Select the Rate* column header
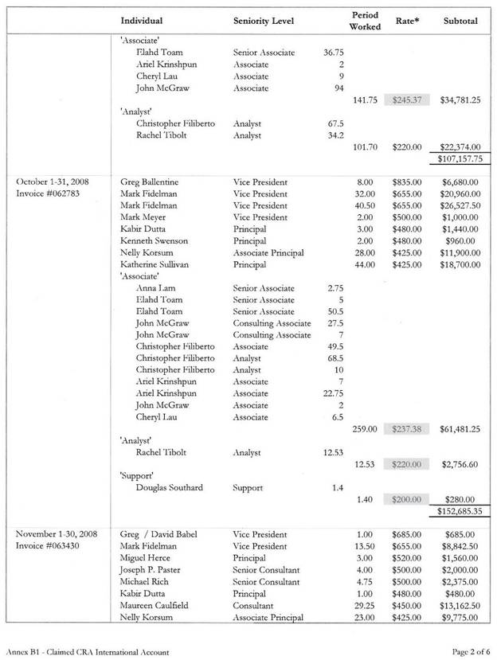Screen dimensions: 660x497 tap(409, 20)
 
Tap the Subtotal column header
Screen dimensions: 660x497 tap(460, 20)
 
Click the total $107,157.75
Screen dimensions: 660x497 tap(456, 159)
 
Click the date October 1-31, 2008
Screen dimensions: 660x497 tap(52, 182)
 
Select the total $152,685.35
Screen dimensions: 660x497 tap(456, 511)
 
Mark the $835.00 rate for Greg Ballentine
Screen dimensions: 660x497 tap(406, 182)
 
